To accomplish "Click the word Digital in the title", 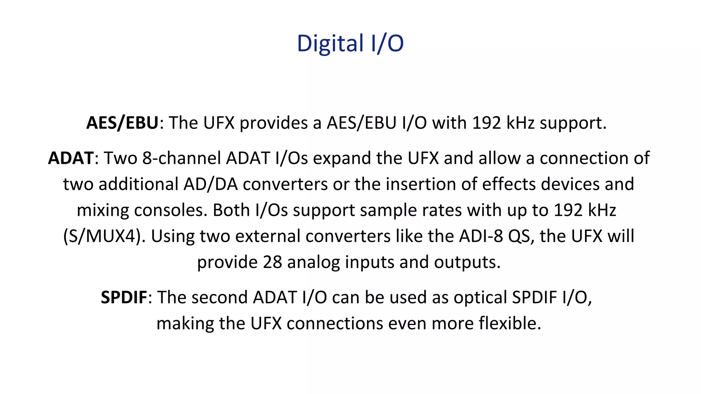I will point(330,43).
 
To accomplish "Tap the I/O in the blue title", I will point(387,43).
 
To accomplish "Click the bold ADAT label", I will point(71,158).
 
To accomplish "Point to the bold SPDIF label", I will point(124,297).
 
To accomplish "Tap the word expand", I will point(342,158).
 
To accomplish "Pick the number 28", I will point(272,262).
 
